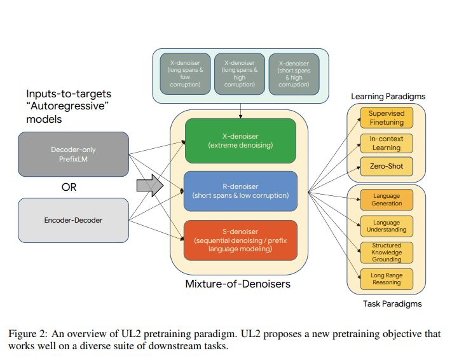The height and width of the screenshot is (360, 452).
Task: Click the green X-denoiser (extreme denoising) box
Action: (x=240, y=141)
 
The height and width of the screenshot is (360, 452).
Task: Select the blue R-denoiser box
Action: (x=240, y=191)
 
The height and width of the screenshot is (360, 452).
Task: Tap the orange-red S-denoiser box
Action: (x=240, y=240)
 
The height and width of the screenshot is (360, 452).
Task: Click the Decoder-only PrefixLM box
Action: (x=74, y=154)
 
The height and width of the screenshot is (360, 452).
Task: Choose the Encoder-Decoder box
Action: (x=74, y=220)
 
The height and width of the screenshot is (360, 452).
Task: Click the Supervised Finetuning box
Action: (x=387, y=118)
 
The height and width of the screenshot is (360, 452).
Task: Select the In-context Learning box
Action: (x=387, y=143)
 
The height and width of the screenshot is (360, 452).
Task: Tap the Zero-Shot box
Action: (x=387, y=167)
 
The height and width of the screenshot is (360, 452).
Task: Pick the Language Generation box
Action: (x=387, y=200)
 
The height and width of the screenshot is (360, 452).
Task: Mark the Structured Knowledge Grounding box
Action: (x=387, y=252)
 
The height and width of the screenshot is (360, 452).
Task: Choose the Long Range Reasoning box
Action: (x=387, y=279)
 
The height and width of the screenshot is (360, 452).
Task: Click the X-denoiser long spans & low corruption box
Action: (x=186, y=74)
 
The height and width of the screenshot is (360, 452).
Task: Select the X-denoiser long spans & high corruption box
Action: (x=240, y=74)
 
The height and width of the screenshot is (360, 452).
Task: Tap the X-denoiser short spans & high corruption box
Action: (x=294, y=74)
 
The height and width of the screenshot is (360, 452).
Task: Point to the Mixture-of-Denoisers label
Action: (x=238, y=284)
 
